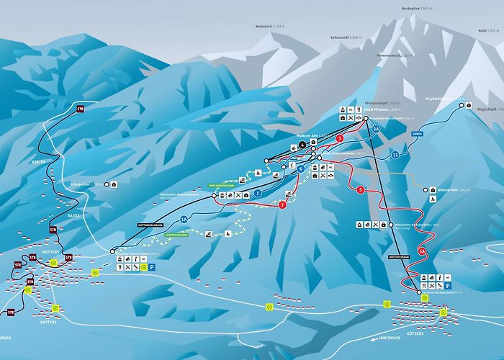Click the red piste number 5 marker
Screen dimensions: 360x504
(360, 190)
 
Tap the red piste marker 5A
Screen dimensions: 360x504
(423, 250)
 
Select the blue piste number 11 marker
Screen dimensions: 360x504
(395, 155)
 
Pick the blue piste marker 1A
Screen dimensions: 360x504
(184, 219)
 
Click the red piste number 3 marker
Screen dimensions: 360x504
(339, 138)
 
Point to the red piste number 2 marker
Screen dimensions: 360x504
(282, 205)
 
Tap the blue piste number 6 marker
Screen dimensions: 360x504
(301, 168)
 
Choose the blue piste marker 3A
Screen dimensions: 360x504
(376, 128)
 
